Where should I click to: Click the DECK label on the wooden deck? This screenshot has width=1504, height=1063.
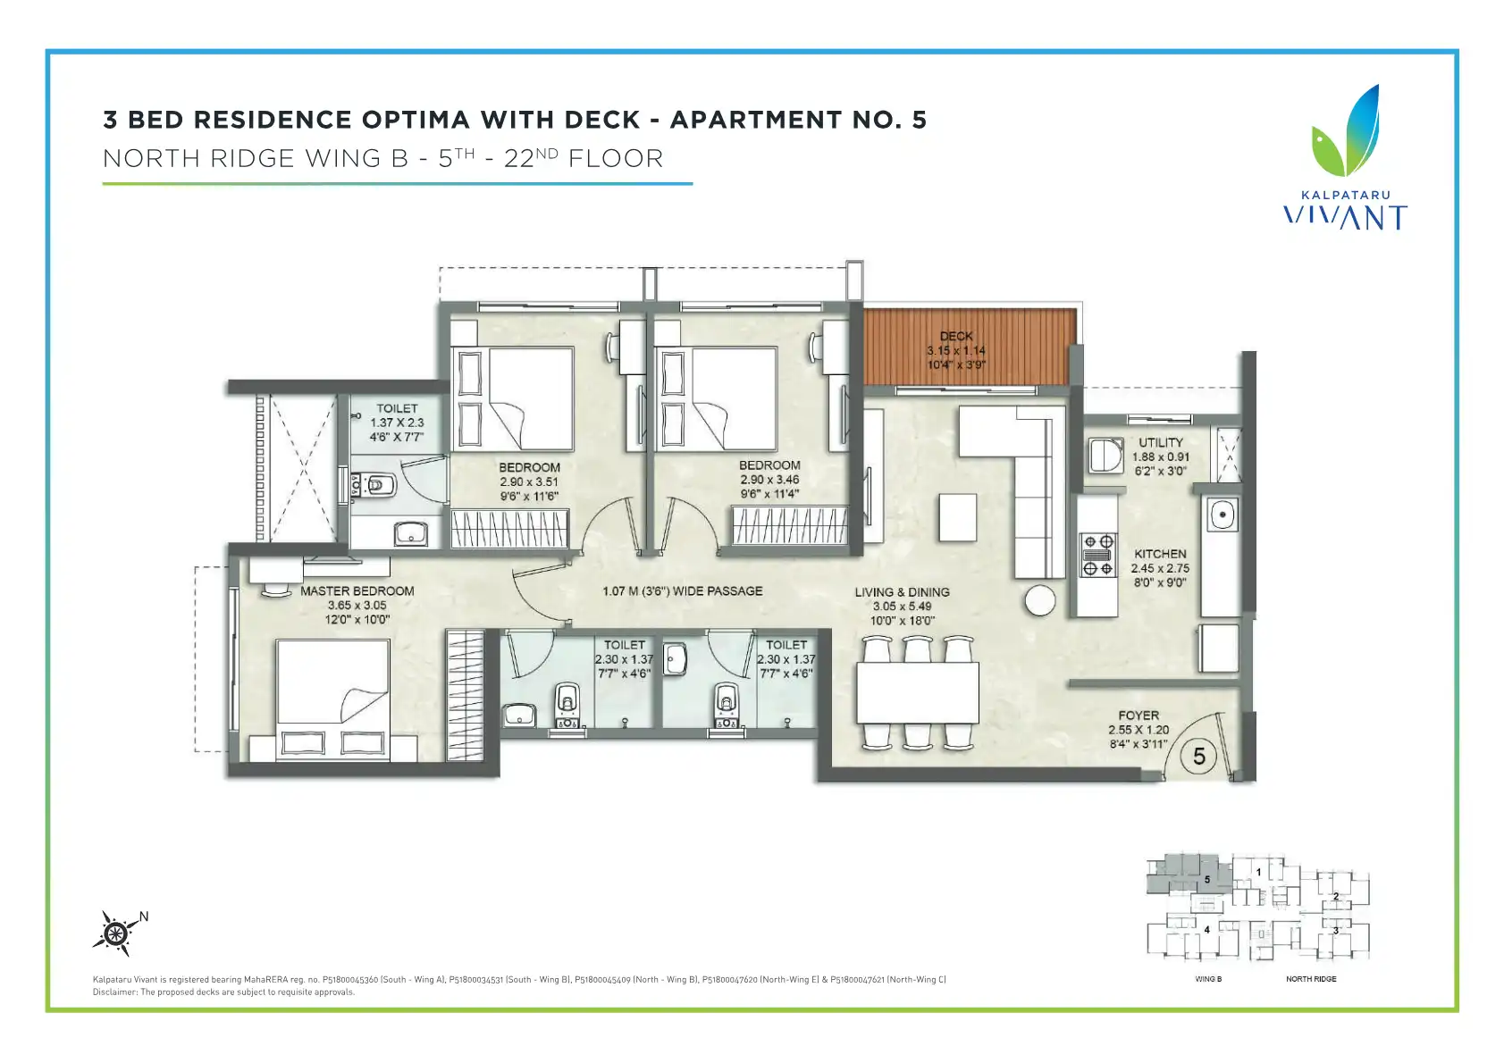(956, 336)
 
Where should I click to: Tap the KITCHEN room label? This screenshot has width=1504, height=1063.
(1160, 554)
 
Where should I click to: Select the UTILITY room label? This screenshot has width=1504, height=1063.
(1160, 442)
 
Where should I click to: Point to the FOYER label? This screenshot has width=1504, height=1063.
(1139, 716)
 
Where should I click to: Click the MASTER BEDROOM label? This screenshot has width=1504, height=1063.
(357, 591)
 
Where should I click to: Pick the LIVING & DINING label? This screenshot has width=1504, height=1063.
(902, 592)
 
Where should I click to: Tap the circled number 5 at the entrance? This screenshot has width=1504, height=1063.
(1198, 757)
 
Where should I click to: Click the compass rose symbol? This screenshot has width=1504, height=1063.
(116, 933)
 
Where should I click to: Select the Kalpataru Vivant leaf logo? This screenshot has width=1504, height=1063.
(1346, 130)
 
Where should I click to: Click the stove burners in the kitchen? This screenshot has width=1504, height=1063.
(1097, 555)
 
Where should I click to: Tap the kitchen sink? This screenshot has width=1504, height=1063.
(1223, 515)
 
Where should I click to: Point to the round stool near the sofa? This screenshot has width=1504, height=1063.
(1040, 600)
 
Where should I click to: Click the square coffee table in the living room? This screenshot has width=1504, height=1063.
(957, 517)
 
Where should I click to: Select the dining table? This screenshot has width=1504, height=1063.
(917, 692)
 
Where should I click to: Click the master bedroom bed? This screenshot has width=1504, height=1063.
(333, 700)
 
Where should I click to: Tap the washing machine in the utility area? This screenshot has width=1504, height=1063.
(1105, 456)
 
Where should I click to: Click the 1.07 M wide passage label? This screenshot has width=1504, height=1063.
(682, 591)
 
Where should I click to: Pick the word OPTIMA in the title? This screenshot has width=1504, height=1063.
(416, 120)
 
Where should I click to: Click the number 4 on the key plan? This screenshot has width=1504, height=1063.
(1206, 929)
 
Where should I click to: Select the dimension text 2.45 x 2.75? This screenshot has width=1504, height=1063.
(1160, 568)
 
